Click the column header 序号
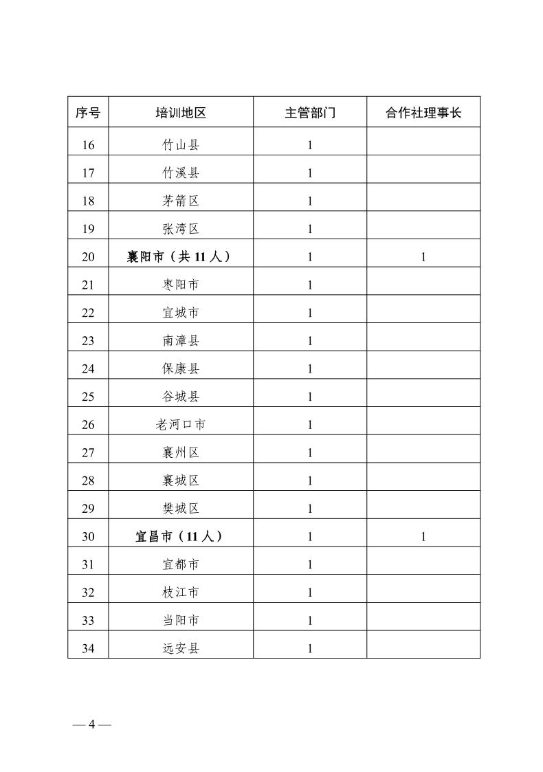point(88,113)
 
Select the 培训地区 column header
point(181,113)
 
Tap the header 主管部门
point(310,113)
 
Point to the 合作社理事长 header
point(423,113)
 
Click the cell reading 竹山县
point(181,145)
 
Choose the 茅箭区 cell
point(181,201)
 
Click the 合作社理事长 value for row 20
point(423,257)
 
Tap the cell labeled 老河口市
point(181,425)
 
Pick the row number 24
point(88,368)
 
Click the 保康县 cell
point(181,368)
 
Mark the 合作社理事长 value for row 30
point(423,537)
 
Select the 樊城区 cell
point(181,509)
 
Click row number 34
point(88,648)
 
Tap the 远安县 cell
point(181,648)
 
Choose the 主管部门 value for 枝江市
point(310,593)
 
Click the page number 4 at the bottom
point(91,726)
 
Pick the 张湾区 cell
point(181,229)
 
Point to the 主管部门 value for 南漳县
point(310,341)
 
